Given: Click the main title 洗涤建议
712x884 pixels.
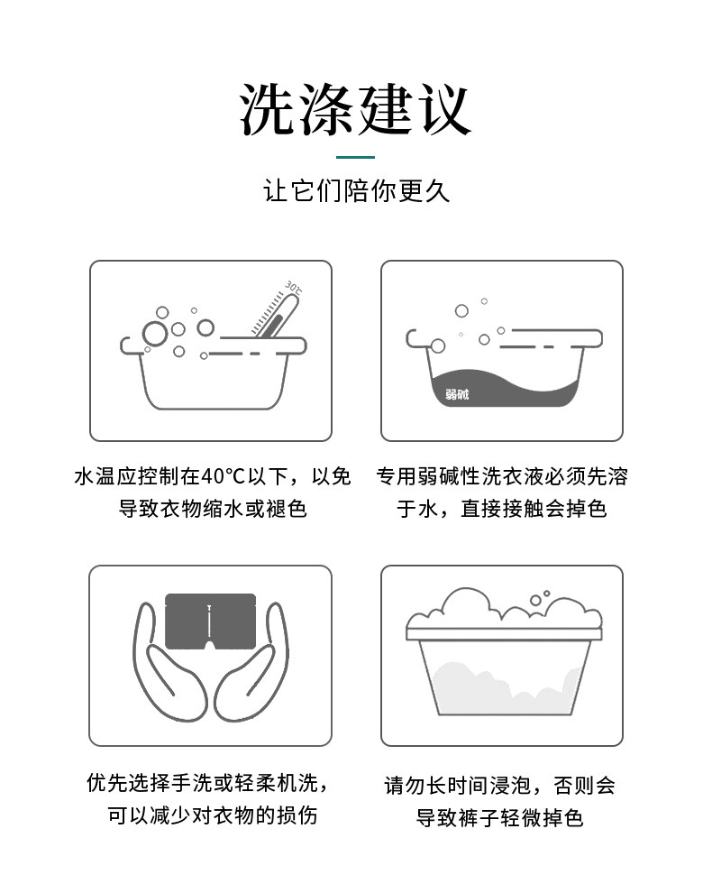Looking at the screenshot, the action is pyautogui.click(x=355, y=109).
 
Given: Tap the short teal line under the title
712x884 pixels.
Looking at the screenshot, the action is pyautogui.click(x=355, y=157).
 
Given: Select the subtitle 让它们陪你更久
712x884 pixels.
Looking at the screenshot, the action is pyautogui.click(x=356, y=190).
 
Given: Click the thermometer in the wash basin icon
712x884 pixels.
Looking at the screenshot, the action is pyautogui.click(x=276, y=316).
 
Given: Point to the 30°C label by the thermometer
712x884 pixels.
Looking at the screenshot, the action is pyautogui.click(x=294, y=287).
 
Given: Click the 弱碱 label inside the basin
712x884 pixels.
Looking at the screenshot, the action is pyautogui.click(x=457, y=394).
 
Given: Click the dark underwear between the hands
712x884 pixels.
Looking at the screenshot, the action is pyautogui.click(x=211, y=622).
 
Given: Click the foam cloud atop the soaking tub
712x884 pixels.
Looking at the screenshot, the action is pyautogui.click(x=504, y=611).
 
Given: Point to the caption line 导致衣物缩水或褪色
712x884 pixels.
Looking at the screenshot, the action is pyautogui.click(x=213, y=509).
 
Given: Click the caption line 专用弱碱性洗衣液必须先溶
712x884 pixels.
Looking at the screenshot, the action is pyautogui.click(x=502, y=476).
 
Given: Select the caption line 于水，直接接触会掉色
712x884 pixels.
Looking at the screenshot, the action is pyautogui.click(x=502, y=509).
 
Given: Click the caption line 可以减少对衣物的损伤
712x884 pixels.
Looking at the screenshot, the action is pyautogui.click(x=213, y=815).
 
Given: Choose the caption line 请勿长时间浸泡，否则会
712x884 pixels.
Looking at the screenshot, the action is pyautogui.click(x=499, y=786).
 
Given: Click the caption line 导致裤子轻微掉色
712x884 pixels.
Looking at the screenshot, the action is pyautogui.click(x=499, y=817).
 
